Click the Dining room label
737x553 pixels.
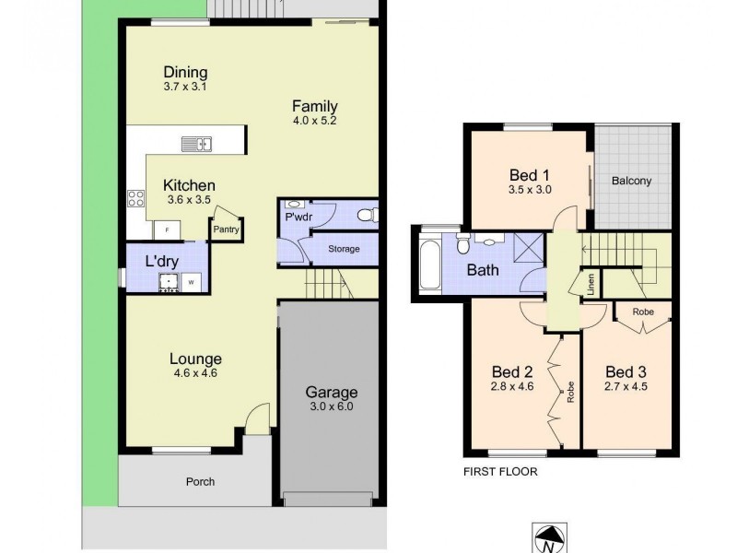point(185,73)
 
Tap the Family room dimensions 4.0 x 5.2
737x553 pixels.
point(314,121)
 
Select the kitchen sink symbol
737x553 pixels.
point(195,143)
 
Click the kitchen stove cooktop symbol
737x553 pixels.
point(135,197)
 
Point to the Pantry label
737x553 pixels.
point(225,230)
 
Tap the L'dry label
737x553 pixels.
point(163,261)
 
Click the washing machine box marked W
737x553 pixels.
point(192,282)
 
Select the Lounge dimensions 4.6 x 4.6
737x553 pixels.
point(194,374)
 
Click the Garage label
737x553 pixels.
point(332,392)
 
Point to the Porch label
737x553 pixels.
point(200,481)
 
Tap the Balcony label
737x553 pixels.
point(631,181)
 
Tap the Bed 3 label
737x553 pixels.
point(626,371)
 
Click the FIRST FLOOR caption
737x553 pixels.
point(500,470)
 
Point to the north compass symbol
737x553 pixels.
point(547,538)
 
